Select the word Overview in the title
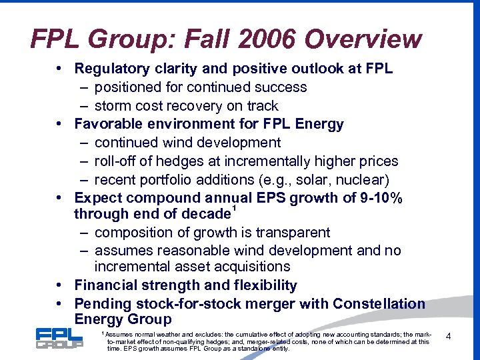365,39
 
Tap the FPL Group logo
59,338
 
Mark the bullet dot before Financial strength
60,286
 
